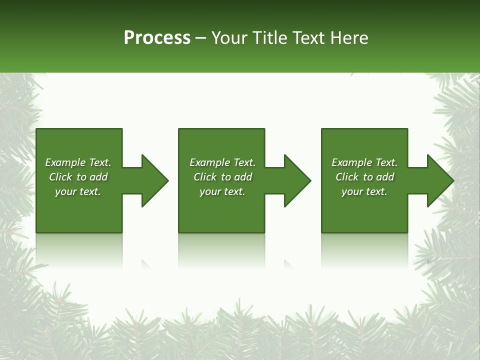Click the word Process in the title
[157, 38]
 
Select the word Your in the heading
[230, 38]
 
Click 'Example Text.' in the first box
[78, 162]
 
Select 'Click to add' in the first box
[78, 177]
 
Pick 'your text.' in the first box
[78, 191]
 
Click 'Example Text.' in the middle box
[222, 162]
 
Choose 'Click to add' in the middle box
[222, 177]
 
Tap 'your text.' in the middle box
[222, 191]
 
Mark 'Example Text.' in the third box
[364, 162]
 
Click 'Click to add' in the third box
[364, 177]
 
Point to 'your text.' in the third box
[364, 191]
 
